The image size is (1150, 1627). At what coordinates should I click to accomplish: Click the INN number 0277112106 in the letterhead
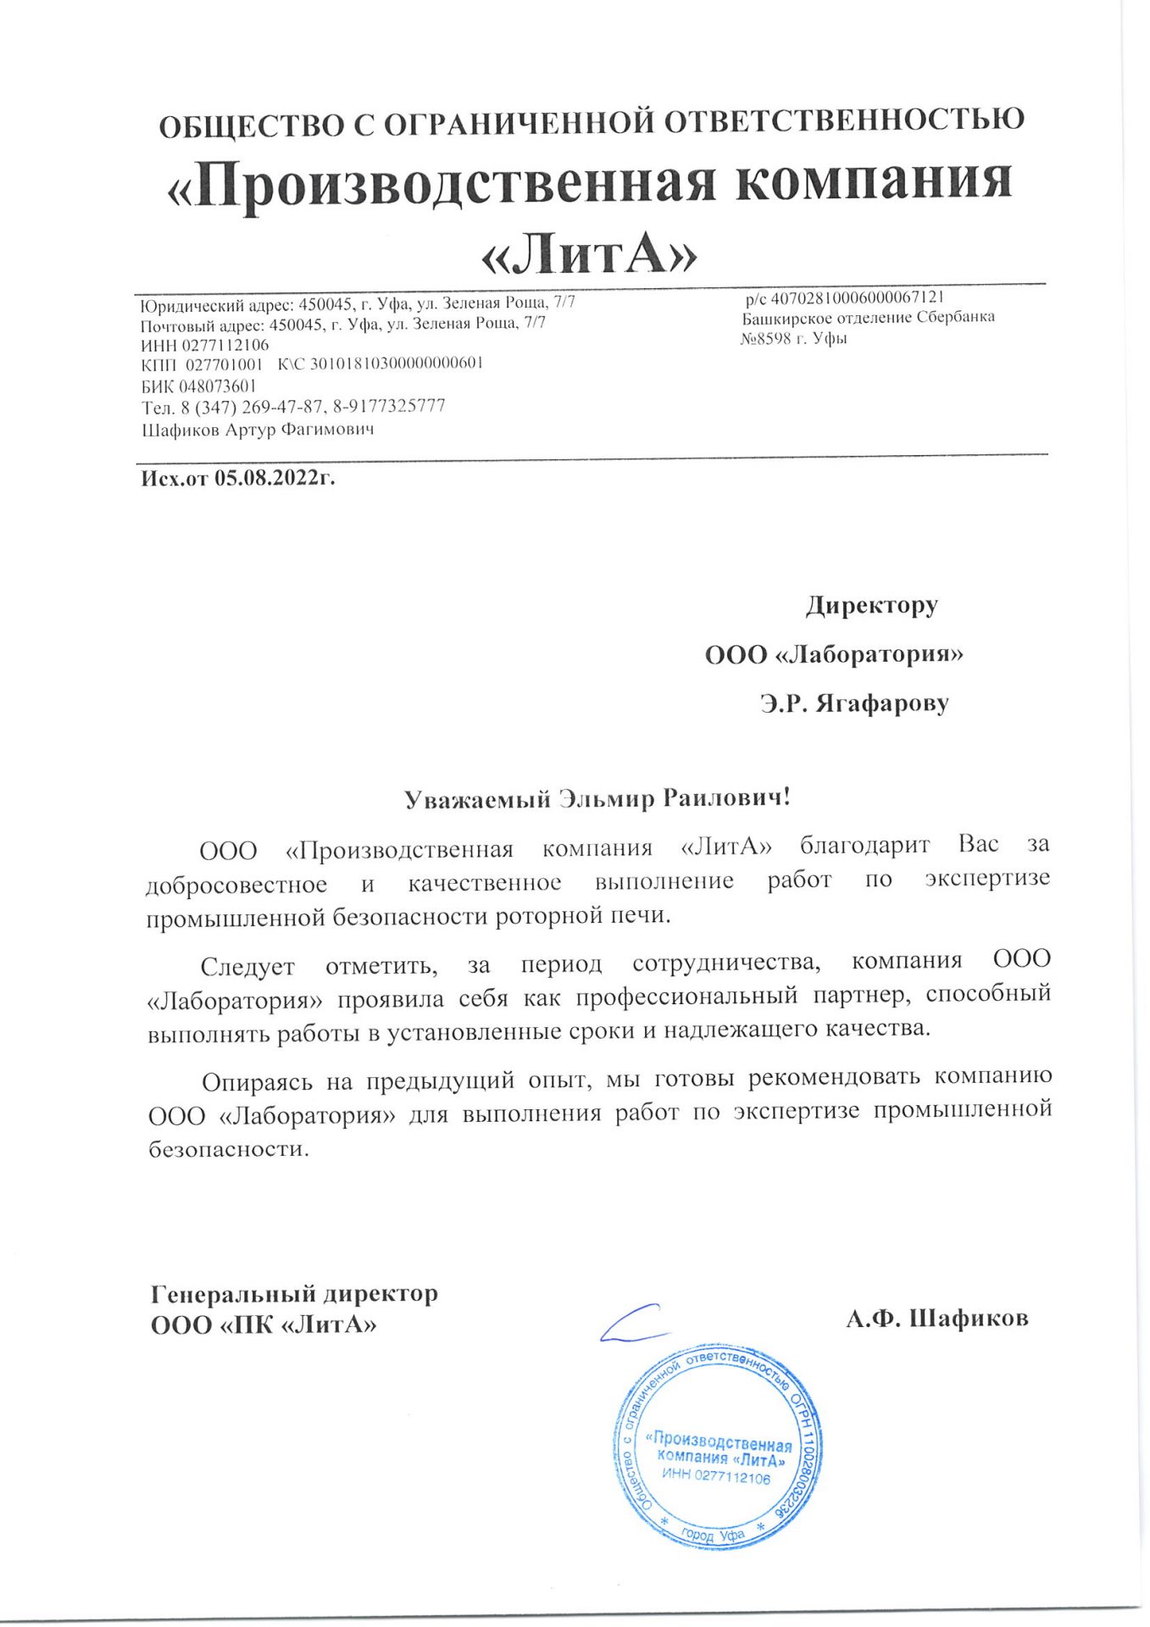[x=225, y=345]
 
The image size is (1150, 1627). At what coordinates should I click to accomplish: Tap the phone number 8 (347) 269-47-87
[x=252, y=407]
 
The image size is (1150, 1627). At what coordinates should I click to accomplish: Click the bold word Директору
[x=871, y=606]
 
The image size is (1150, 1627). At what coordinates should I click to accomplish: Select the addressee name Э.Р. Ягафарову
[x=854, y=703]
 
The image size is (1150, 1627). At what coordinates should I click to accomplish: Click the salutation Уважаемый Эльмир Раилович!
[x=597, y=799]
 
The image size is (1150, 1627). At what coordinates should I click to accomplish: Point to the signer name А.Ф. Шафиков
[x=936, y=1319]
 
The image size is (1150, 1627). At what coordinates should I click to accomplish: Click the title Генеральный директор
[x=294, y=1294]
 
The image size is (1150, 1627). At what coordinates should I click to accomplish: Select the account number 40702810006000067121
[x=857, y=297]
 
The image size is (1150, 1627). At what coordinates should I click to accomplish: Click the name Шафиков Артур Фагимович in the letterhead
[x=258, y=430]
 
